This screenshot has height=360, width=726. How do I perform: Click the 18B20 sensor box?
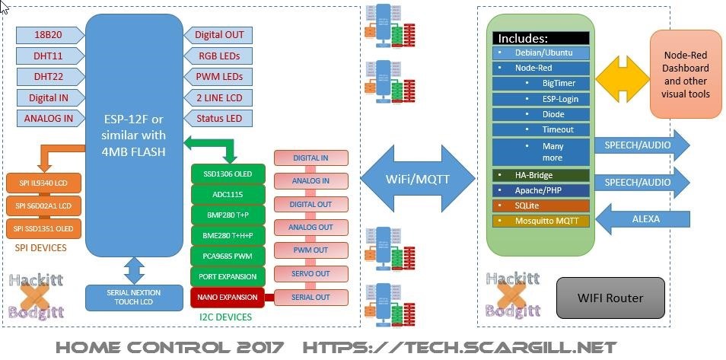[49, 35]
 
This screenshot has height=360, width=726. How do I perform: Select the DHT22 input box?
[49, 77]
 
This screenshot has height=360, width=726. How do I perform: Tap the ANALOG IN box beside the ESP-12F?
[49, 119]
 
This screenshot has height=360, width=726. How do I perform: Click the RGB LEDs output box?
[219, 56]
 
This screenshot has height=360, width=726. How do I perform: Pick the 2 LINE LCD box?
[219, 97]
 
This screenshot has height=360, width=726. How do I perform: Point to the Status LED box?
[219, 119]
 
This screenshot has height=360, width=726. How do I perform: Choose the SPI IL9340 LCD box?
[43, 183]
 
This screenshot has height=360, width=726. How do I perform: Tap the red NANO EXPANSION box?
[228, 297]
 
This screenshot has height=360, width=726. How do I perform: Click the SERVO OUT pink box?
[310, 273]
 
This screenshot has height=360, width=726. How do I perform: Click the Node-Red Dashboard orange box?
[686, 75]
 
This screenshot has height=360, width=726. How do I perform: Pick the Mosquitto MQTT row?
[540, 221]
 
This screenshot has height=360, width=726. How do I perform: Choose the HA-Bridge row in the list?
[540, 175]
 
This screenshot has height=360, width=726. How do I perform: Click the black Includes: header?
[540, 38]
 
